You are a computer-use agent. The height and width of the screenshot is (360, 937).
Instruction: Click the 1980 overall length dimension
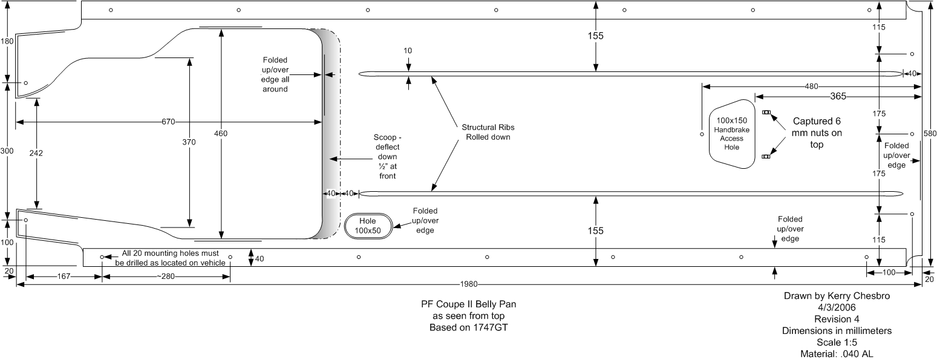(x=468, y=284)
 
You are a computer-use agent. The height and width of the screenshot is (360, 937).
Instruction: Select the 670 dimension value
(x=168, y=122)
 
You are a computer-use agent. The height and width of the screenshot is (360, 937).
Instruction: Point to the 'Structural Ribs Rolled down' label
(x=488, y=133)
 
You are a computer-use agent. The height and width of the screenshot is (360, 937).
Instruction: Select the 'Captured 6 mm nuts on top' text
(x=817, y=133)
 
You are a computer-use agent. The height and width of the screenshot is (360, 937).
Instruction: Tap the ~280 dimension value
(x=166, y=277)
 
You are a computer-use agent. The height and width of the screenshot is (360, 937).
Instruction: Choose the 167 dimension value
(x=64, y=277)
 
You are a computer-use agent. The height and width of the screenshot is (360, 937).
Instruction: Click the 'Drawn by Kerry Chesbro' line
(x=837, y=296)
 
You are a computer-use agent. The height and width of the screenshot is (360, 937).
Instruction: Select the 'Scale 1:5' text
(x=837, y=342)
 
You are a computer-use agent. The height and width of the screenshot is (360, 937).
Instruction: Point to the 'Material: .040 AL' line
(x=837, y=354)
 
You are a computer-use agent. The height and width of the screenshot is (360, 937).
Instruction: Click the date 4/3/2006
(x=837, y=307)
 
